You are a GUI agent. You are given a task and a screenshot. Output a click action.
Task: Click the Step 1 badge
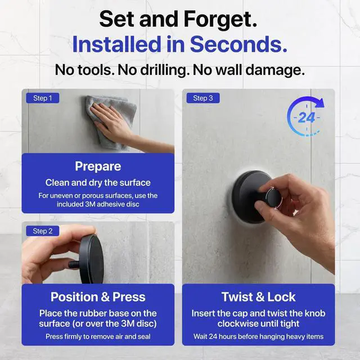(43, 98)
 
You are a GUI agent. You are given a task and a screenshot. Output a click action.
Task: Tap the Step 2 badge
(43, 231)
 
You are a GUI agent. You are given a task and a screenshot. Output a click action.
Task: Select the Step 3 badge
(203, 98)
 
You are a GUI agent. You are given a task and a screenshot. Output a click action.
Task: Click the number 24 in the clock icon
(307, 118)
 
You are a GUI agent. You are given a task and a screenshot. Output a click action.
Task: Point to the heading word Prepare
(98, 166)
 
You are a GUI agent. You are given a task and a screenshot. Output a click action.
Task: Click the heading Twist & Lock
(259, 297)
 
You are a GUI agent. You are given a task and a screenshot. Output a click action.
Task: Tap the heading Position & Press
(98, 297)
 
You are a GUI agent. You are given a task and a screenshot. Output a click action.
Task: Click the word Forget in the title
(220, 19)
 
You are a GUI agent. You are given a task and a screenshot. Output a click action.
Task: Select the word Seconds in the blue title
(238, 44)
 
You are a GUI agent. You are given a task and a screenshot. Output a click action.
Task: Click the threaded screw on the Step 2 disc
(74, 264)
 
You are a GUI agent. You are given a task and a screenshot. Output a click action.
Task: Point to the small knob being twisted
(273, 198)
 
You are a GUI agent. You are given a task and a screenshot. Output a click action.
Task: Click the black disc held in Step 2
(91, 259)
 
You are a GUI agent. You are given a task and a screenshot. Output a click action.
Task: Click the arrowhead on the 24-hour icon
(320, 103)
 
